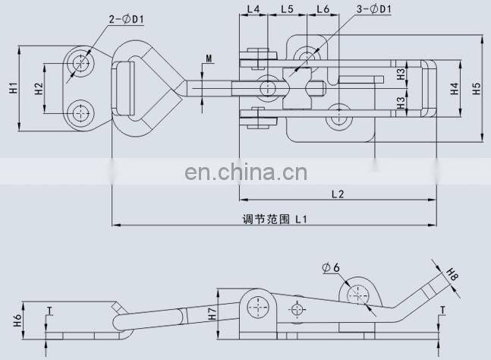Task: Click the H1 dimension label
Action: coord(13,88)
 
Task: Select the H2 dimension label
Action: coord(38,88)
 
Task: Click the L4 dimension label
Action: coord(253,10)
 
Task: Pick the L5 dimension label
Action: coord(287,10)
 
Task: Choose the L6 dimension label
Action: coord(321,10)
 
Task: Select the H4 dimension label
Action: coord(454,89)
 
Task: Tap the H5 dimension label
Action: coord(476,89)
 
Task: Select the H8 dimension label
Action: coord(453,273)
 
